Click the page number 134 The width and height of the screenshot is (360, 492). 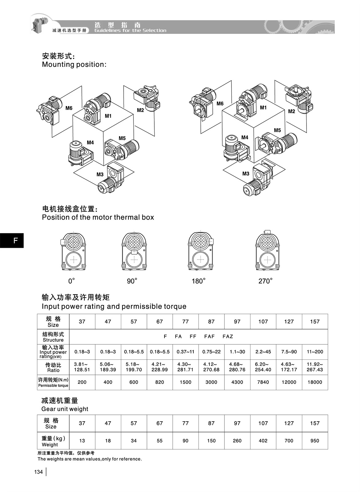38,472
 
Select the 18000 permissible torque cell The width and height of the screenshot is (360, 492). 315,382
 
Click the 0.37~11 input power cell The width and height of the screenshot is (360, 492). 185,352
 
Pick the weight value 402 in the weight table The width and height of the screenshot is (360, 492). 263,441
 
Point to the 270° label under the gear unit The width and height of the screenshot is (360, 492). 265,281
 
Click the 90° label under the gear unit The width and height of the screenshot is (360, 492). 132,281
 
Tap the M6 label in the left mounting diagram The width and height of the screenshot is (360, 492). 69,108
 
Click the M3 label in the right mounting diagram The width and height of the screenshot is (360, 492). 246,174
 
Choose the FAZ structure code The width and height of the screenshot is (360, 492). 228,336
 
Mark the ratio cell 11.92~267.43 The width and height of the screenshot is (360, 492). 315,367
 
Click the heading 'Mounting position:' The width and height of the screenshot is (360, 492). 74,65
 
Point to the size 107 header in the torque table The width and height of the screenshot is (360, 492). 263,322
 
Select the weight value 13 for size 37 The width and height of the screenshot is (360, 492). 82,441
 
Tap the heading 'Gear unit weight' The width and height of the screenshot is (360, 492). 65,409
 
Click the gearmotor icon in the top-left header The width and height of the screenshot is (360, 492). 40,23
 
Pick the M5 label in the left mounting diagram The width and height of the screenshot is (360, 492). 122,138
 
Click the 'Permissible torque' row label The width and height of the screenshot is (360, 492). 53,385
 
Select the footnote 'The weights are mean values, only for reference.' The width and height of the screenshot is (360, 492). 90,459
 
